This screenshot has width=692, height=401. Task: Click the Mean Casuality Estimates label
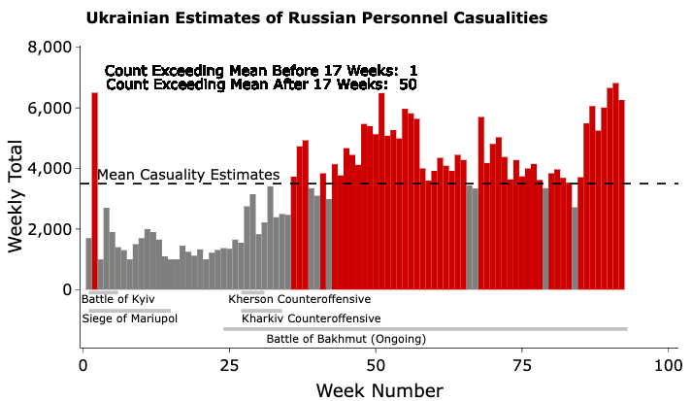[x=188, y=175]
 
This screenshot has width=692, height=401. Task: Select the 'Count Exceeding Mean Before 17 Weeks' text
[x=261, y=71]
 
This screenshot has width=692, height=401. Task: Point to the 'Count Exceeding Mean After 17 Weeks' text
[x=261, y=85]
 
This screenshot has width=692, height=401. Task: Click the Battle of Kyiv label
[x=118, y=299]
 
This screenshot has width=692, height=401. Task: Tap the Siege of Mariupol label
[x=130, y=318]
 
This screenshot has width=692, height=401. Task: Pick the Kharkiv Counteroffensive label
[x=311, y=318]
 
